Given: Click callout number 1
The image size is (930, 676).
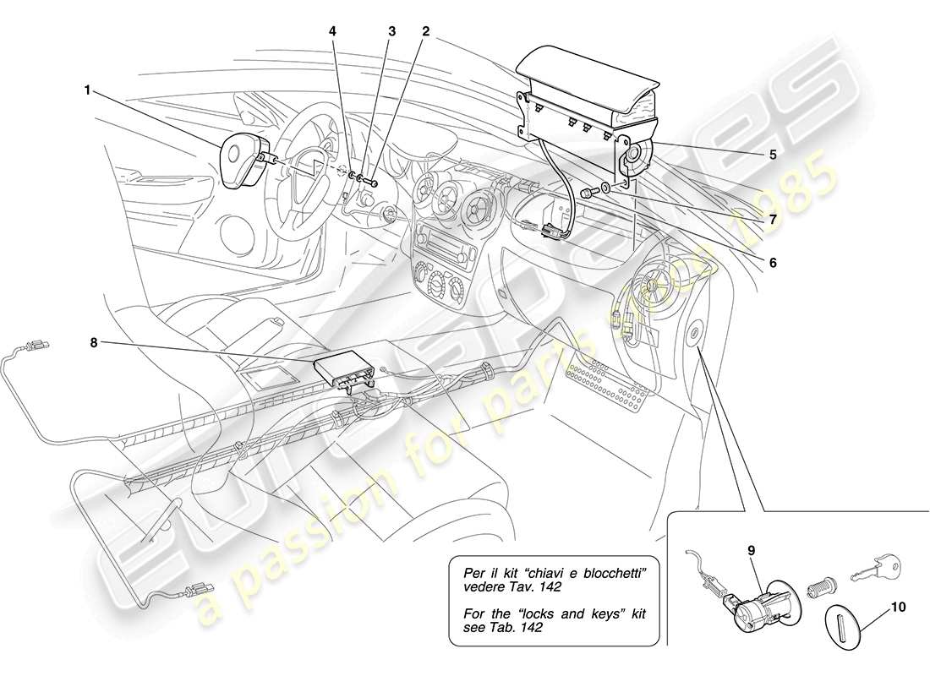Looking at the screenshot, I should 87,87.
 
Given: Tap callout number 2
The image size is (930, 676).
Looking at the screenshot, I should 426,31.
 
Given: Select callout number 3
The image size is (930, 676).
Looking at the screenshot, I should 391,31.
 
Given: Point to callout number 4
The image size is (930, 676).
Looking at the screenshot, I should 332,31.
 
